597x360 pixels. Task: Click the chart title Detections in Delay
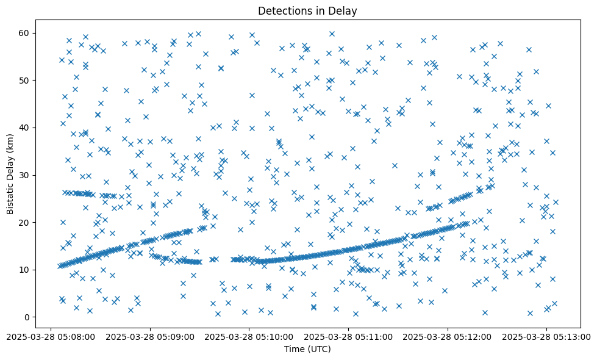tap(307, 10)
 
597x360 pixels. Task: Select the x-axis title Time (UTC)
tap(307, 349)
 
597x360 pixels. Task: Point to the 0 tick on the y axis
tap(27, 317)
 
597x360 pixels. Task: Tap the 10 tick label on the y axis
tap(25, 270)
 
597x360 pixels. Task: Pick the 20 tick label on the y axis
tap(25, 222)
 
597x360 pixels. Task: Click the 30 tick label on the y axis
tap(25, 175)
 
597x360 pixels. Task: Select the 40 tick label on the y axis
tap(25, 128)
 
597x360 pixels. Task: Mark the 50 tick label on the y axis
tap(25, 80)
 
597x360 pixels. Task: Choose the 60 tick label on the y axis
tap(25, 33)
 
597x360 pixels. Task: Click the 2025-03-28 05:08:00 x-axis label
tap(51, 336)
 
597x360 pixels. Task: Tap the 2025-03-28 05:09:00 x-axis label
tap(150, 336)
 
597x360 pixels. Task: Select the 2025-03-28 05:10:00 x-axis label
tap(249, 336)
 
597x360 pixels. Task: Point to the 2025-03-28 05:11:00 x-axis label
tap(349, 336)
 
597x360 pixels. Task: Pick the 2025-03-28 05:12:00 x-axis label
tap(448, 336)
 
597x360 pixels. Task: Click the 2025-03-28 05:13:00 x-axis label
tap(548, 336)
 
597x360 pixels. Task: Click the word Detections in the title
tap(283, 10)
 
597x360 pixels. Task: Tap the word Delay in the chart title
tap(344, 10)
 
